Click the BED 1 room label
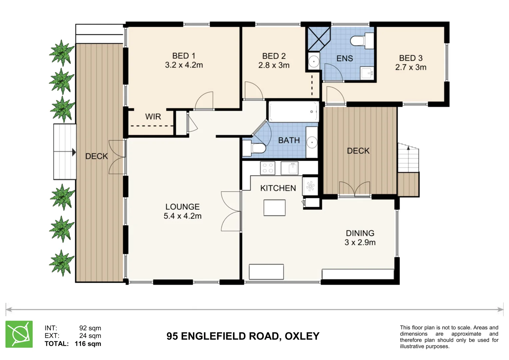[184, 56]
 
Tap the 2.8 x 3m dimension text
[274, 65]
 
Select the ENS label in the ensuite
[344, 58]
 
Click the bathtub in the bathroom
[293, 112]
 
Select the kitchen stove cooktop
[267, 168]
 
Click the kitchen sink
[289, 168]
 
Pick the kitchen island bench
[274, 208]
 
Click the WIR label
[153, 117]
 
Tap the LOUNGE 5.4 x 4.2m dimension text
[182, 216]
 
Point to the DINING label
[360, 233]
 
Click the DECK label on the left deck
[96, 156]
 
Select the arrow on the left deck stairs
[74, 152]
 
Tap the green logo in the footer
[19, 334]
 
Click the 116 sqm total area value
[88, 344]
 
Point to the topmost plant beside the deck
[61, 52]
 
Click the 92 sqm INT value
[90, 328]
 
